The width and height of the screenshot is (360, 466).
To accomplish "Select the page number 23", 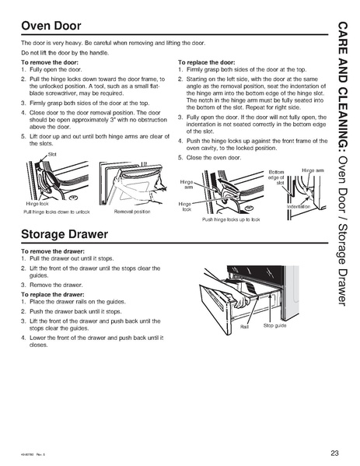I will tap(334, 454).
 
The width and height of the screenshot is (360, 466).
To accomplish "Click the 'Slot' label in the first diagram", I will tap(53, 154).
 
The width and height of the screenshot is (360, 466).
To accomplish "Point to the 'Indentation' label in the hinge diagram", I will tap(299, 206).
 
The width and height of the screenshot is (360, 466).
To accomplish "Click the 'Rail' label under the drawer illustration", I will tap(243, 325).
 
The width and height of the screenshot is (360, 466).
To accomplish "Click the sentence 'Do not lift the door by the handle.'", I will tap(69, 51).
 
